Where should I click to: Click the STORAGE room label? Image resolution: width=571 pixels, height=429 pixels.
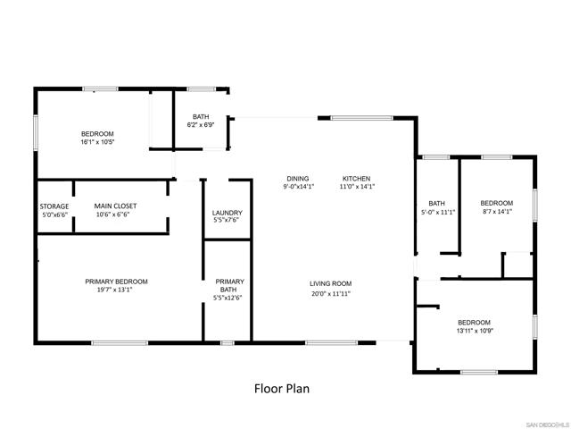[54, 206]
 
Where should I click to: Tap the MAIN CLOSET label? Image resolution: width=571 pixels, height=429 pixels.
[116, 206]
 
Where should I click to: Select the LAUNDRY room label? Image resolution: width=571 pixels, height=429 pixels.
[228, 213]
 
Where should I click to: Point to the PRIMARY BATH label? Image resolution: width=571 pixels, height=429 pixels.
[229, 285]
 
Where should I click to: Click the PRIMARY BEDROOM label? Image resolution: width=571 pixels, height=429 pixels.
[116, 282]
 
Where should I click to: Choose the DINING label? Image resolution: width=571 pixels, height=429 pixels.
[298, 179]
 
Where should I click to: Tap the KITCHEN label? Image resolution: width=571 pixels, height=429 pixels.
[356, 179]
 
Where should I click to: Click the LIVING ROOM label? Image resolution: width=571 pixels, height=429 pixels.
[330, 284]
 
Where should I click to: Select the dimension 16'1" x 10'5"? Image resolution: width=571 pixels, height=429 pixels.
[97, 142]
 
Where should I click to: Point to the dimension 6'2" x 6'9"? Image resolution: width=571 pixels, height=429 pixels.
[201, 125]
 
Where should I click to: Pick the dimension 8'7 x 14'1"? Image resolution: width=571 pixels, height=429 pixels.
[496, 212]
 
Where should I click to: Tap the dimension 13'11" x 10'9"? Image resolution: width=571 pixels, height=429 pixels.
[475, 331]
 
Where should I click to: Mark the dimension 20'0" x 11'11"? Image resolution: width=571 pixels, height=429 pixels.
[330, 293]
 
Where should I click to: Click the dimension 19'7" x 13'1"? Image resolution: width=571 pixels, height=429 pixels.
[116, 290]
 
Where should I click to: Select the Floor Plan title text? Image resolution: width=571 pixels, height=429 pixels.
[282, 390]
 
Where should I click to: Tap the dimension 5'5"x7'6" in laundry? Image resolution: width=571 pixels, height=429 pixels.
[228, 221]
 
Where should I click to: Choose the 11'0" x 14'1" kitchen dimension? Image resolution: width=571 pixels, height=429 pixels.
[356, 187]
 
